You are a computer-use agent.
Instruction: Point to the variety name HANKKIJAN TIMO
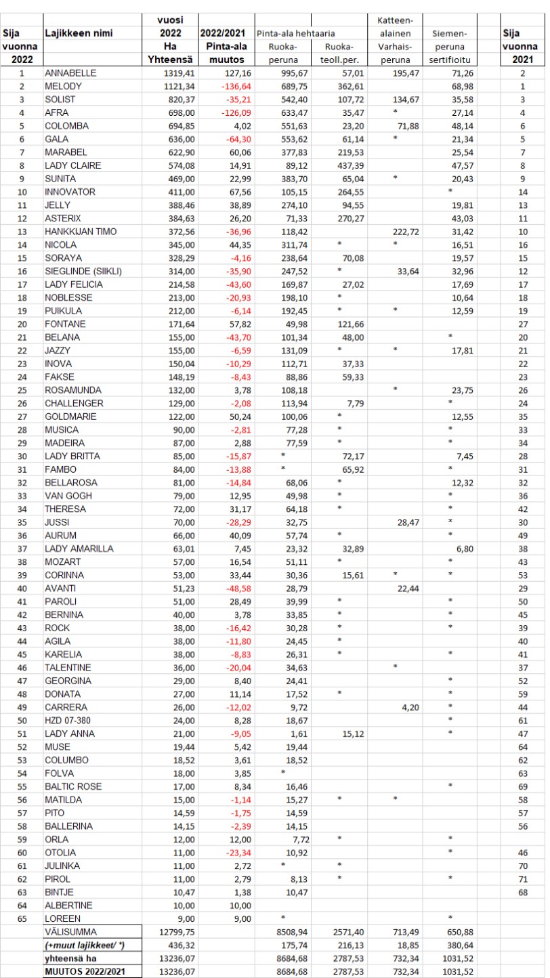80,232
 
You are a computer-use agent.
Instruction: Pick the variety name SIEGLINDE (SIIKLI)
82,272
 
